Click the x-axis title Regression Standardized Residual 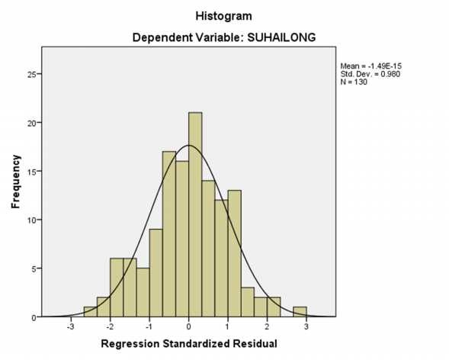click(188, 344)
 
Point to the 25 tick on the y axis click(31, 74)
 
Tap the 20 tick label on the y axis click(31, 123)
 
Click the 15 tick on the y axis click(31, 171)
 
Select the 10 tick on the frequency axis click(31, 220)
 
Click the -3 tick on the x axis click(70, 326)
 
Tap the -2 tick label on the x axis click(110, 326)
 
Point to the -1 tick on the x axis click(149, 326)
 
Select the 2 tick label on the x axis click(268, 326)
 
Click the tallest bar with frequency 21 click(195, 214)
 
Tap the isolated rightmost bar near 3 click(300, 312)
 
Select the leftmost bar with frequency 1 click(90, 312)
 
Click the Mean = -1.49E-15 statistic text click(370, 67)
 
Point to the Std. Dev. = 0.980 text click(370, 74)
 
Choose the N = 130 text click(353, 82)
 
